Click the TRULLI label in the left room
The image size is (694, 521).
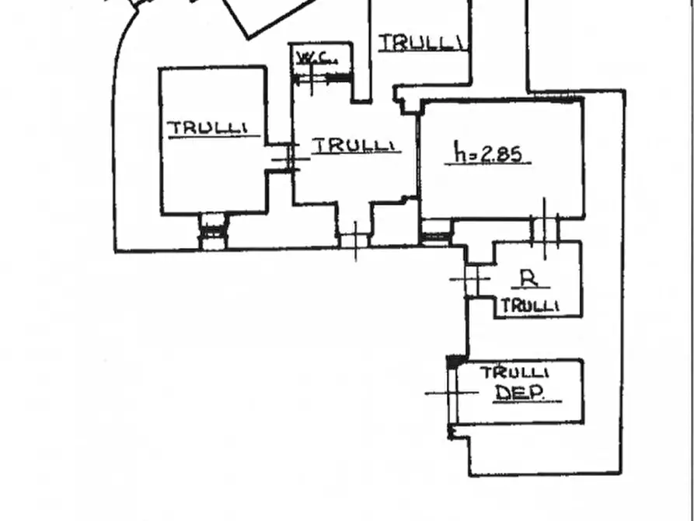pos(208,128)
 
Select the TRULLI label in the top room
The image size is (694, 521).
pos(421,43)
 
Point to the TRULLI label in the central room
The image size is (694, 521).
pos(354,145)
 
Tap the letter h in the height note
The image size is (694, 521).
pos(460,152)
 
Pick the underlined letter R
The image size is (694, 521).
pos(529,278)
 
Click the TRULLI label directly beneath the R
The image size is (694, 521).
pos(529,306)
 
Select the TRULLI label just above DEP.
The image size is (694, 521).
pos(514,372)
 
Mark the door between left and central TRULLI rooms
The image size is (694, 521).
pos(291,157)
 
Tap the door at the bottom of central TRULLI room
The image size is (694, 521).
pos(355,240)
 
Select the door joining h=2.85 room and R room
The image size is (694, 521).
pos(545,229)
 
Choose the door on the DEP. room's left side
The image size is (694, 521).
pos(452,393)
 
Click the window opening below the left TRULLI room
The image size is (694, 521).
pos(214,231)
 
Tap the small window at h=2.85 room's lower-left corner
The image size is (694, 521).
pos(435,233)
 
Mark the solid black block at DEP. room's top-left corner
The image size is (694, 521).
pos(455,362)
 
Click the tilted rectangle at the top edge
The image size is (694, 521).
pos(269,16)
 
